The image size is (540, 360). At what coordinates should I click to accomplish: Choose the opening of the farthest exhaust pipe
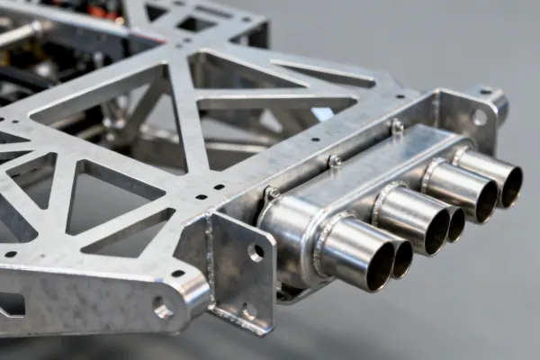point(512,184)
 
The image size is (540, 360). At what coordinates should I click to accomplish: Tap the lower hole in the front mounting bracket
point(250,310)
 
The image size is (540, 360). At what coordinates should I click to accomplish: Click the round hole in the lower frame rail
point(163,310)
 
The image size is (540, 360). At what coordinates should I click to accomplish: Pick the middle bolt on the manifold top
point(335,161)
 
